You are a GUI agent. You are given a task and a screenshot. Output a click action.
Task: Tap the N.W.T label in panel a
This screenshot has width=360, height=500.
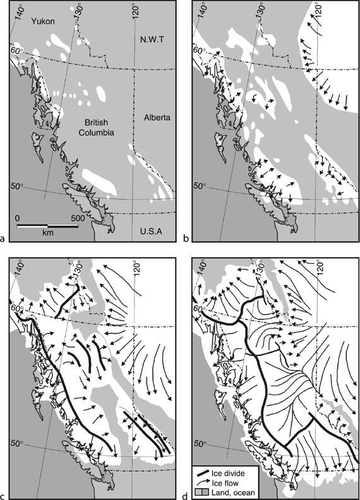pos(150,39)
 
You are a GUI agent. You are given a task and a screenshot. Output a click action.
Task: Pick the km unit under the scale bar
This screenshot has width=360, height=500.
pos(47,233)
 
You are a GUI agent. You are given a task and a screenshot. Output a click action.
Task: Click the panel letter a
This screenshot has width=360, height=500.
pos(4,238)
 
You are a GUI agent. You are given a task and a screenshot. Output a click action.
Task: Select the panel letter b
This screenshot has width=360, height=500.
pos(186,238)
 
